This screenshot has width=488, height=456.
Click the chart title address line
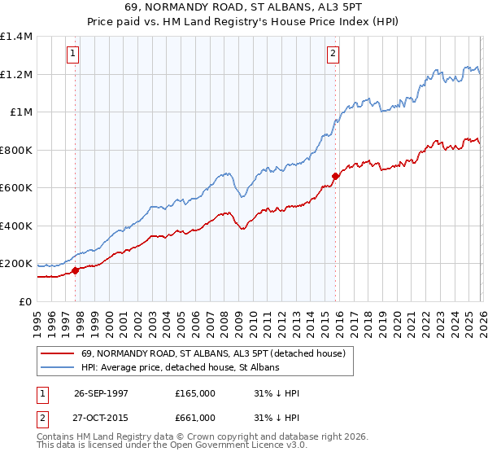coord(244,7)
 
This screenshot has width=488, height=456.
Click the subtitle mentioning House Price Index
coord(244,21)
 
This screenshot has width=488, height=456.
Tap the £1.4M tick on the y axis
coord(16,37)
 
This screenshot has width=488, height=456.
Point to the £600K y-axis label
coord(16,188)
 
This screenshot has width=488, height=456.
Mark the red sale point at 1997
coord(76,270)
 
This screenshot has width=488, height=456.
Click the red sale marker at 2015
coord(334,176)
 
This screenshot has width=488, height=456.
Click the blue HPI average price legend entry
coord(180,367)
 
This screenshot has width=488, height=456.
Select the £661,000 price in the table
coord(195,418)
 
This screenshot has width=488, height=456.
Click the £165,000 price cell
coord(195,393)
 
